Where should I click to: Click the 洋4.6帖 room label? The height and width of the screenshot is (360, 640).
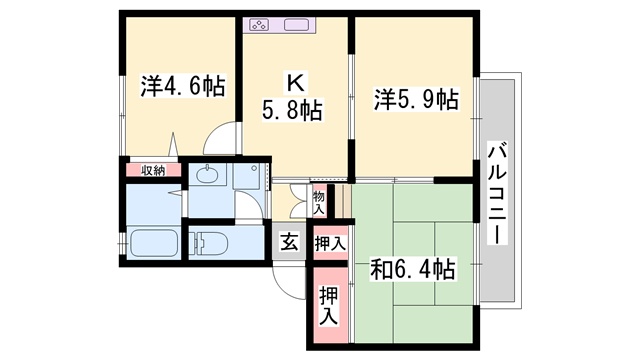(x=183, y=86)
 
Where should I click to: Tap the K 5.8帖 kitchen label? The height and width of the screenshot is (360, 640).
(x=292, y=97)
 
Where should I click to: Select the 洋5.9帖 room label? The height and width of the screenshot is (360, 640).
(x=416, y=99)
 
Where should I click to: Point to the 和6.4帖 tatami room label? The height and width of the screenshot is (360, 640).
(x=412, y=269)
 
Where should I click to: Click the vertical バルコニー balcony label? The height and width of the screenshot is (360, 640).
(x=497, y=193)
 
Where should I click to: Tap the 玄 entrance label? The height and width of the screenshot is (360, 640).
(x=289, y=242)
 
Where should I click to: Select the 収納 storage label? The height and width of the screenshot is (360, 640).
(x=153, y=171)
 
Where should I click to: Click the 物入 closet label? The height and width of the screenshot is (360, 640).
(x=318, y=203)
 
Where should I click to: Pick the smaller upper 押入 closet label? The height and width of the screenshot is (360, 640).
(x=330, y=244)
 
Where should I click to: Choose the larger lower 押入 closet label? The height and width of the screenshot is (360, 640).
(x=329, y=306)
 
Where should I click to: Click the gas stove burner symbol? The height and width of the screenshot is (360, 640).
(x=259, y=25)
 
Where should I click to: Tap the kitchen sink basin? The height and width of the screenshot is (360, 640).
(x=296, y=25)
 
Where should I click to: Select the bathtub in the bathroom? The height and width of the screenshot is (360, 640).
(x=153, y=244)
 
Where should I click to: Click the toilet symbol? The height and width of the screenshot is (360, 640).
(x=211, y=244)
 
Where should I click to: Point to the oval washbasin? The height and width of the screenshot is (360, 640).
(x=207, y=175)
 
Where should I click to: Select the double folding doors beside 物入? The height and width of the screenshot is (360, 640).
(x=298, y=202)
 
